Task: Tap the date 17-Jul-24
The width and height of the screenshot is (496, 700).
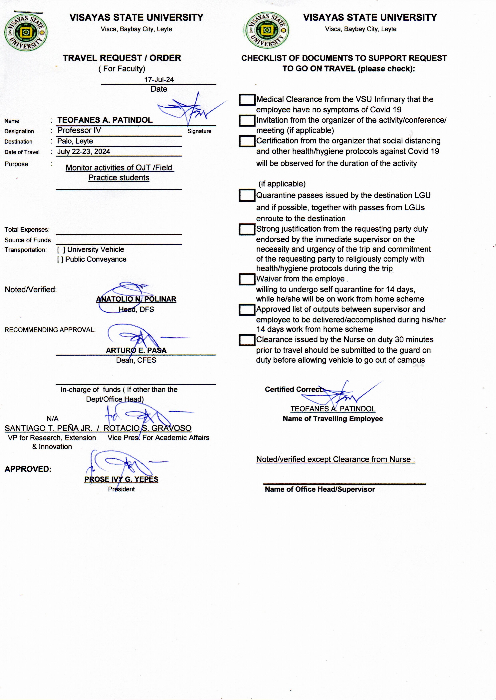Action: pyautogui.click(x=159, y=80)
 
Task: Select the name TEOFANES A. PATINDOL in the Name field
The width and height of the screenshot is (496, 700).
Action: pyautogui.click(x=105, y=120)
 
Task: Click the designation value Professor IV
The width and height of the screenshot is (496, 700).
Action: pyautogui.click(x=79, y=131)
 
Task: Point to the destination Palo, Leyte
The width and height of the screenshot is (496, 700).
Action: pyautogui.click(x=75, y=141)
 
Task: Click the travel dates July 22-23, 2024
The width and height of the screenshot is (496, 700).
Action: pyautogui.click(x=84, y=152)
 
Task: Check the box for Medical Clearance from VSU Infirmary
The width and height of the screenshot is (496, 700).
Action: pyautogui.click(x=247, y=100)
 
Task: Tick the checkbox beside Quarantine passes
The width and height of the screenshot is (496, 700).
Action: pyautogui.click(x=247, y=195)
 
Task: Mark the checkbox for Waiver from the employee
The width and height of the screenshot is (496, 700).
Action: pyautogui.click(x=247, y=279)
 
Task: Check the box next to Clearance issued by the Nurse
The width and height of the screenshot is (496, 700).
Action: pyautogui.click(x=247, y=340)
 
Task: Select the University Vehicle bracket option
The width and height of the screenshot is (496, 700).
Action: pyautogui.click(x=61, y=250)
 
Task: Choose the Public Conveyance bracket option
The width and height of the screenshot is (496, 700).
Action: pyautogui.click(x=60, y=259)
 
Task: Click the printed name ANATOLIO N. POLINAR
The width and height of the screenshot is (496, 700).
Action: pyautogui.click(x=136, y=299)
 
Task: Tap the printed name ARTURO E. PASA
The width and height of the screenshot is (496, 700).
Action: pyautogui.click(x=136, y=350)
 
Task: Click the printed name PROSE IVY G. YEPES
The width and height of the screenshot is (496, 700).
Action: pyautogui.click(x=121, y=479)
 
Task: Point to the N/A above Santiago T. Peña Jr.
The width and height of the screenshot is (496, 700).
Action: pyautogui.click(x=53, y=419)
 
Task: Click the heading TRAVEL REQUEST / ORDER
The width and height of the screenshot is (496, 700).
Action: pyautogui.click(x=122, y=58)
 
